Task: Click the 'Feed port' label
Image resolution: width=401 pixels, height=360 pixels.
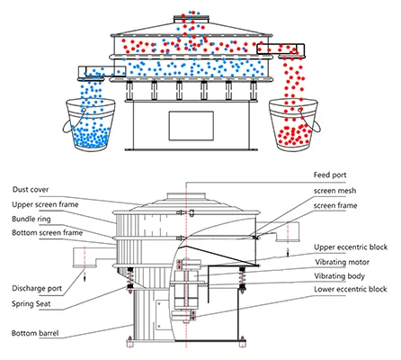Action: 330,175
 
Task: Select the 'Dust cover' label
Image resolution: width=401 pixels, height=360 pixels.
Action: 31,190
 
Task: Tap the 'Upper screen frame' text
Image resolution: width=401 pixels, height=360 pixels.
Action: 45,204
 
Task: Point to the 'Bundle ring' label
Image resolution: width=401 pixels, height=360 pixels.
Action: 31,219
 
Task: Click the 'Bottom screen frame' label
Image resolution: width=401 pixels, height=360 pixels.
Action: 47,233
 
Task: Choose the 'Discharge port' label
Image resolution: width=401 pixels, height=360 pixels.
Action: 37,289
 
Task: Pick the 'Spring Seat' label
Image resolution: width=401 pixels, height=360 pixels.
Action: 31,304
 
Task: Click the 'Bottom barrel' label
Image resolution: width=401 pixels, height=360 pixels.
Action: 35,333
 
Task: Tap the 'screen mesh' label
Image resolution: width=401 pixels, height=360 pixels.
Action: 335,191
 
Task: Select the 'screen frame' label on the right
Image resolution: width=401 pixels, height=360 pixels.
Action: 335,206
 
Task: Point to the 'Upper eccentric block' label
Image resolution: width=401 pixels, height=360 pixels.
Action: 351,247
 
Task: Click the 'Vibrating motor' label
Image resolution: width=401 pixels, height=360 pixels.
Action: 342,262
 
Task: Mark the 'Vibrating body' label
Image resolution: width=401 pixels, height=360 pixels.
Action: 339,276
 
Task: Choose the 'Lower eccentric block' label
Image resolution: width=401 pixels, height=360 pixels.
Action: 351,289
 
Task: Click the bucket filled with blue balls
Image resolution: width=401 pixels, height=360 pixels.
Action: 90,124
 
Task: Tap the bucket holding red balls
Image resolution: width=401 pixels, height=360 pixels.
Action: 294,124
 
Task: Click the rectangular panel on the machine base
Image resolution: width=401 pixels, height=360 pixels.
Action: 192,126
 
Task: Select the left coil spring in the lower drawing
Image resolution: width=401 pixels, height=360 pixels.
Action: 130,279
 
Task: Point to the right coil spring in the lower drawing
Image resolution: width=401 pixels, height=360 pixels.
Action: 242,279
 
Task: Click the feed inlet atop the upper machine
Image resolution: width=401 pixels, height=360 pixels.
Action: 192,20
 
